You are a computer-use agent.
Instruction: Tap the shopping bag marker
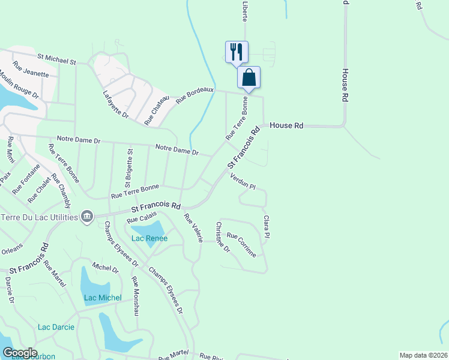(249, 77)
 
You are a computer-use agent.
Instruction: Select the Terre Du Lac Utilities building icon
(86, 216)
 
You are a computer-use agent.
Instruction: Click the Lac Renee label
(149, 238)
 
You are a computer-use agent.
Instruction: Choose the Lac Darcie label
(56, 327)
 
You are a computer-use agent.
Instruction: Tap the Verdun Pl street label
(243, 181)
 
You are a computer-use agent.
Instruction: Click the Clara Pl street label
(267, 226)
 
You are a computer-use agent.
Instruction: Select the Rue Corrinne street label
(241, 245)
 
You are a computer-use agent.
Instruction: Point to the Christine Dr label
(222, 237)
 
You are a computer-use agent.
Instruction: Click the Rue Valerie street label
(193, 228)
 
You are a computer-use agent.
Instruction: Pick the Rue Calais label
(142, 217)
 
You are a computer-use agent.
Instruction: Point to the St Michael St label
(56, 59)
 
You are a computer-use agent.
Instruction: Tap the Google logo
(19, 353)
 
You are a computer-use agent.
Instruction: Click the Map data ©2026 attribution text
(423, 355)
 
